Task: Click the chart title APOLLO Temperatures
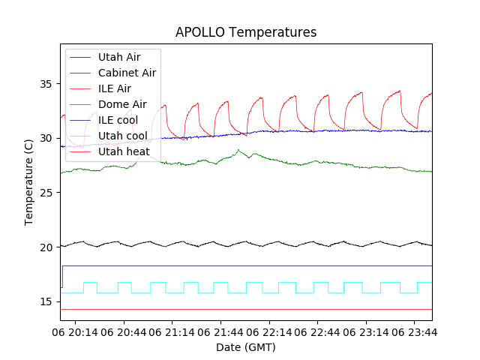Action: point(246,32)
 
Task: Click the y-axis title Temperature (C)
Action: point(29,182)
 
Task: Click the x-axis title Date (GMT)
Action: point(246,347)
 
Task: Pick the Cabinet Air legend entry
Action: point(127,73)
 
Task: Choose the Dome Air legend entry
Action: point(122,104)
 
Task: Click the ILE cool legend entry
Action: point(118,120)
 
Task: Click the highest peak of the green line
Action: point(238,150)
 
